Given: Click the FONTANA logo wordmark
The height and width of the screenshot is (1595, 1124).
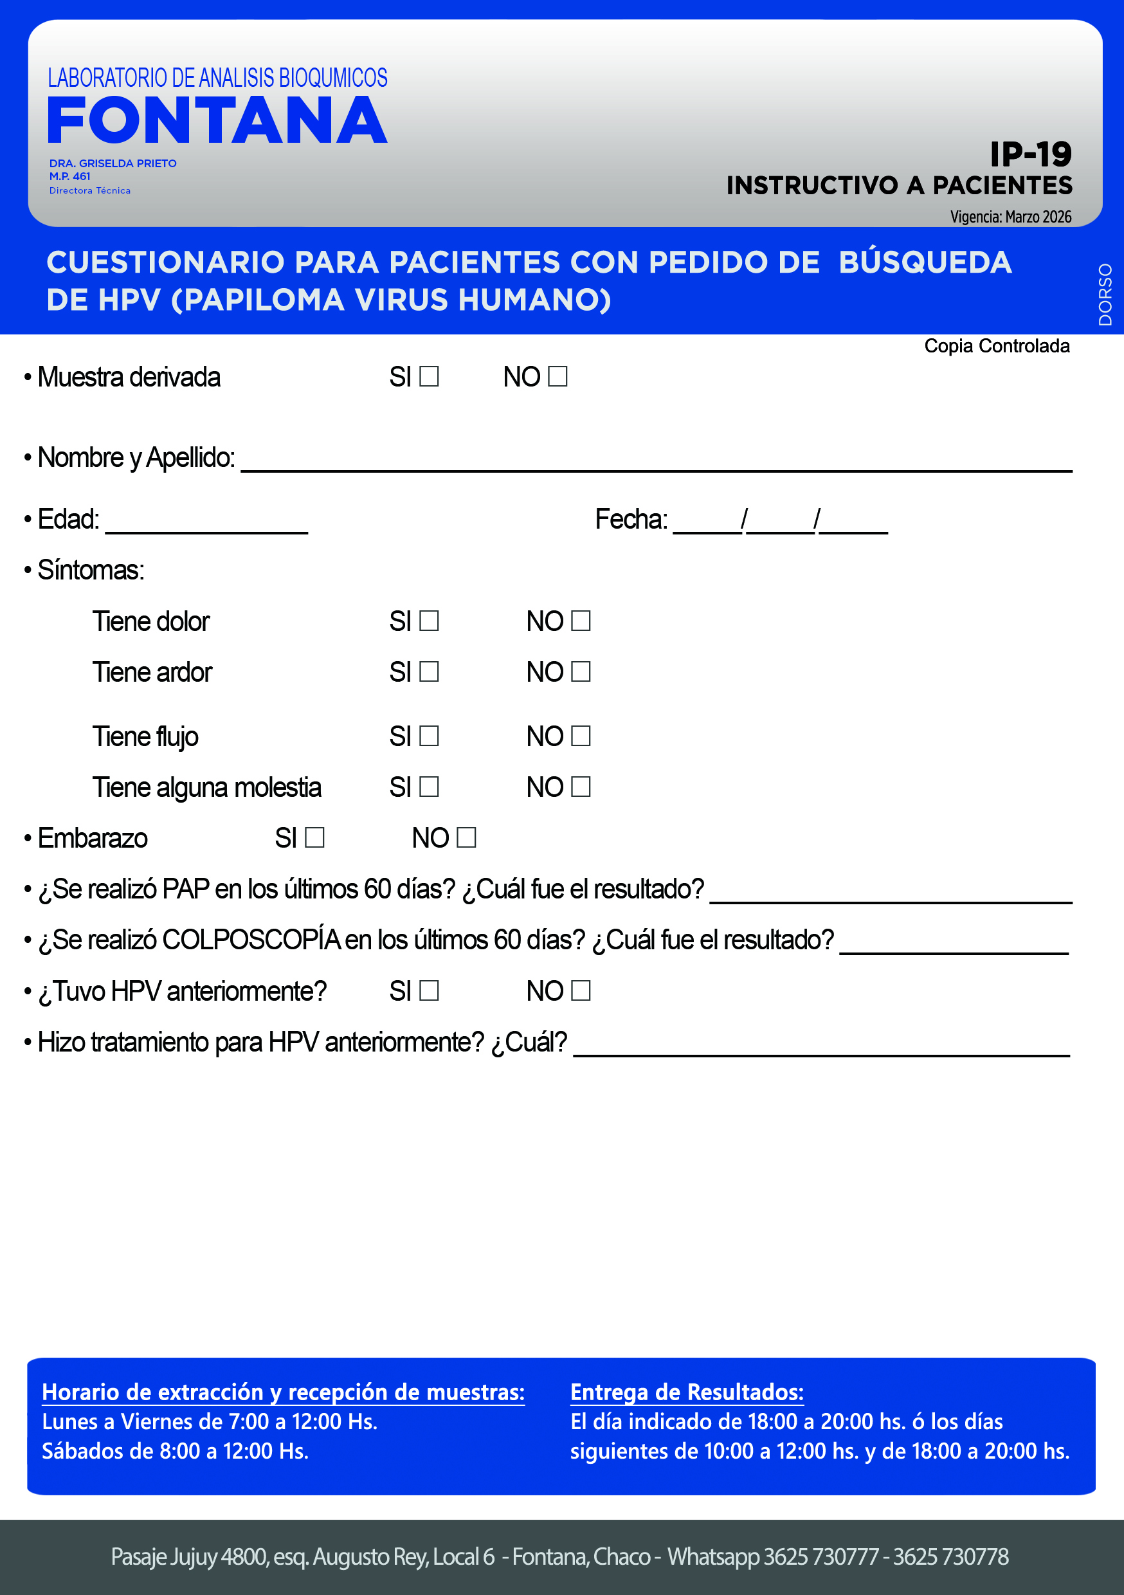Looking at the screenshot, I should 217,121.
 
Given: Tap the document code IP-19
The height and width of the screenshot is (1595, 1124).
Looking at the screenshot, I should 1030,154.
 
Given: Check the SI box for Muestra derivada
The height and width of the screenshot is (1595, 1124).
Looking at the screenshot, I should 430,376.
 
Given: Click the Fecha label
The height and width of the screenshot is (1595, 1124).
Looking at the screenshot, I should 631,520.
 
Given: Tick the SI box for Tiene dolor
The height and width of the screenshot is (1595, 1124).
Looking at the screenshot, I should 430,621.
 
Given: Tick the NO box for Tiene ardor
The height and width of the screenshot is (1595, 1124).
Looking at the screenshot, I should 581,671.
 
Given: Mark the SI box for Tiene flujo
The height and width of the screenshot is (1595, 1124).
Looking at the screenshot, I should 430,736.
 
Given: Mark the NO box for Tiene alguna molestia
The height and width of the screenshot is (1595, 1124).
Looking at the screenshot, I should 581,787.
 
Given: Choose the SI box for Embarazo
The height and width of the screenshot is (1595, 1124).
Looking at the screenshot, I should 314,837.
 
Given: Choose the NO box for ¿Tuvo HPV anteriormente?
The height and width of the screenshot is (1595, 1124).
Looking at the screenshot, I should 581,990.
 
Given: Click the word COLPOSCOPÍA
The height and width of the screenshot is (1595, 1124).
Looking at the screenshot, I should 251,940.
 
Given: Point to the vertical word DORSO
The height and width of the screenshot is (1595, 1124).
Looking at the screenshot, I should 1105,295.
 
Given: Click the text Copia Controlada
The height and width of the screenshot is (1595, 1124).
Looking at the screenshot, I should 996,346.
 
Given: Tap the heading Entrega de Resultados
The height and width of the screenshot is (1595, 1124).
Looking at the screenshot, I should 686,1392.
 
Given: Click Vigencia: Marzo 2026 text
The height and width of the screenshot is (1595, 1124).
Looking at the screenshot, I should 1010,217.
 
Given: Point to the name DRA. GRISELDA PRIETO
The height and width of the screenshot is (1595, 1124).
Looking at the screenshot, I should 113,163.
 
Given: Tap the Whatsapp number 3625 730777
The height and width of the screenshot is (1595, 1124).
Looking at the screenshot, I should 820,1557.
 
